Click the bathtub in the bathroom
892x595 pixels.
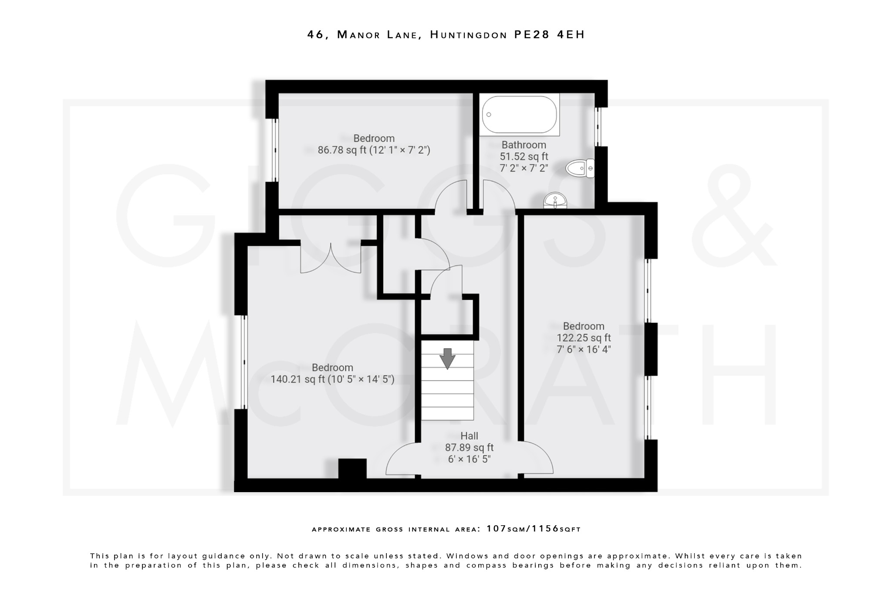[519, 115]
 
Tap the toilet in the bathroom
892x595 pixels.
[580, 168]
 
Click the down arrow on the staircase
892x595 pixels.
[447, 358]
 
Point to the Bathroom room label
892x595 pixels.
[524, 145]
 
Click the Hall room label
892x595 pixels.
[469, 436]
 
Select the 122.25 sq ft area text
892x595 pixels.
[584, 338]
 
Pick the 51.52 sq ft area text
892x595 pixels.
[524, 156]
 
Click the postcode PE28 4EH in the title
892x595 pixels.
[549, 34]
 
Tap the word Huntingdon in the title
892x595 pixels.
[469, 34]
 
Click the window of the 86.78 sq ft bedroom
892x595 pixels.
[275, 150]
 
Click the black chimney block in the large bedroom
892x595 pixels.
[352, 469]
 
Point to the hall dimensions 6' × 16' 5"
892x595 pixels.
[469, 459]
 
